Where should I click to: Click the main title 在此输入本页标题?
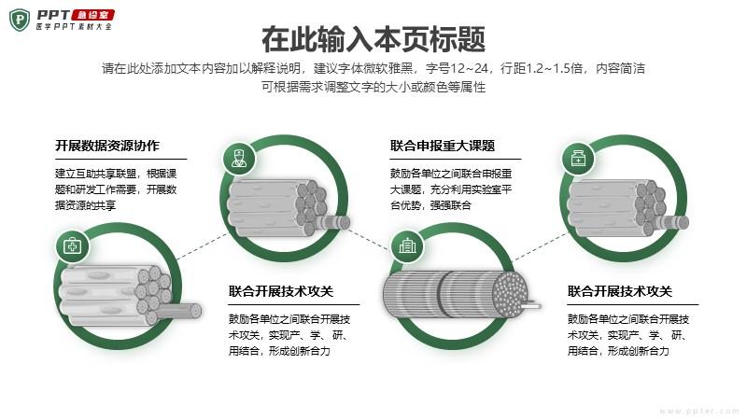pyautogui.click(x=373, y=39)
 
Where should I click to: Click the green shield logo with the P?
pyautogui.click(x=20, y=20)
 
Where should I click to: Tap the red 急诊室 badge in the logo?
pyautogui.click(x=92, y=15)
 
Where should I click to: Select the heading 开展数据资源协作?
pyautogui.click(x=107, y=146)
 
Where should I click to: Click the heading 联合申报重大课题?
pyautogui.click(x=443, y=146)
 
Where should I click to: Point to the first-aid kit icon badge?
pyautogui.click(x=73, y=246)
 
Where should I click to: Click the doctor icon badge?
pyautogui.click(x=239, y=159)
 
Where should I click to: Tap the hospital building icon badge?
pyautogui.click(x=407, y=246)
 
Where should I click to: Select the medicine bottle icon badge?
pyautogui.click(x=578, y=159)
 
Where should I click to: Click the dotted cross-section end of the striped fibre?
pyautogui.click(x=511, y=294)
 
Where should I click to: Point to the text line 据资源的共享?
pyautogui.click(x=85, y=205)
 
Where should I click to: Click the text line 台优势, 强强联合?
pyautogui.click(x=430, y=205)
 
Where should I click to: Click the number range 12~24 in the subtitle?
pyautogui.click(x=470, y=68)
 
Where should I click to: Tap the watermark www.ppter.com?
pyautogui.click(x=699, y=411)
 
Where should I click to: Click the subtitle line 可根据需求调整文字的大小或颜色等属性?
pyautogui.click(x=373, y=87)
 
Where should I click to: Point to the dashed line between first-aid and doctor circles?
pyautogui.click(x=202, y=246)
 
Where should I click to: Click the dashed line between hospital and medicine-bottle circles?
pyautogui.click(x=542, y=246)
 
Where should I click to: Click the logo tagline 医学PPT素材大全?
pyautogui.click(x=75, y=27)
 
